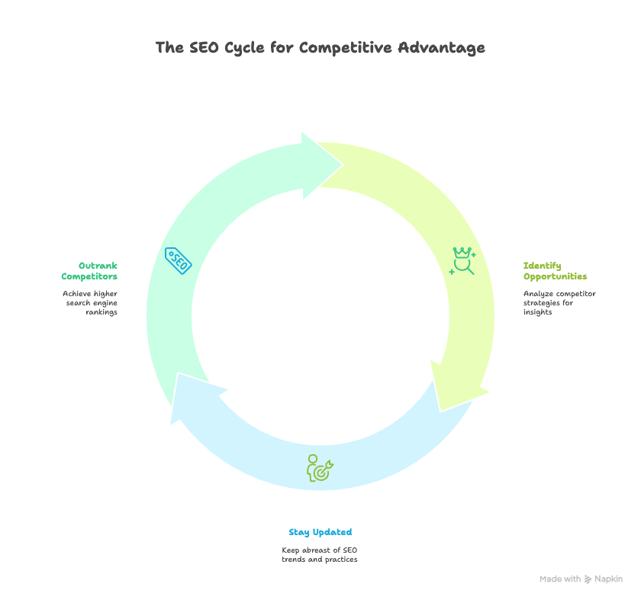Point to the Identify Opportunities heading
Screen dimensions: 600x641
point(555,271)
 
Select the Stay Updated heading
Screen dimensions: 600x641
point(320,532)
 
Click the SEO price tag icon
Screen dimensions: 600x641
point(178,260)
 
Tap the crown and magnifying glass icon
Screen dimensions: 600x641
point(462,260)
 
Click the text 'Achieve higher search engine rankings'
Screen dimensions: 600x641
point(90,303)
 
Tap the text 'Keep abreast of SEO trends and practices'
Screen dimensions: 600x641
point(320,555)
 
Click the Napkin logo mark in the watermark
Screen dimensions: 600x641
point(588,579)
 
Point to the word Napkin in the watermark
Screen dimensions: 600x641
point(609,579)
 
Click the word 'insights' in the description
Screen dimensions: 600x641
point(538,312)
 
